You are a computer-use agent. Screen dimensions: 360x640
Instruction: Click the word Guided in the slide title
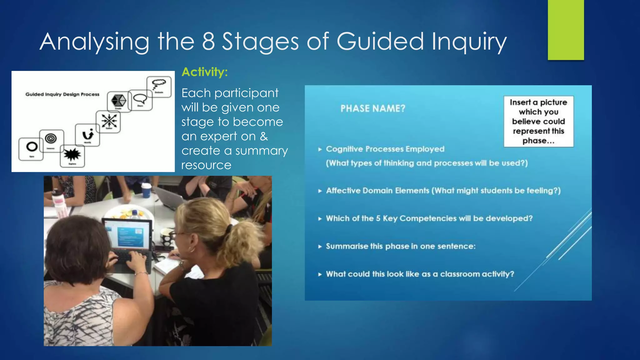(x=380, y=41)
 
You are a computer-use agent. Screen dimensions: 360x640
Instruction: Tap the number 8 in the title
(x=208, y=41)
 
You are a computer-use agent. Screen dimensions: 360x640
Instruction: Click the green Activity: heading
(x=205, y=72)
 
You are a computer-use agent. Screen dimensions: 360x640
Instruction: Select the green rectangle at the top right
(x=566, y=30)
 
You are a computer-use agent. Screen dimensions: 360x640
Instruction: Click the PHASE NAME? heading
(x=373, y=108)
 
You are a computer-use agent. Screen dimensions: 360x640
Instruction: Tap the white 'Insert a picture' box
(x=538, y=121)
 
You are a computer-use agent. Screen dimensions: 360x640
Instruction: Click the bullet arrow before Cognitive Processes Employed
(x=320, y=149)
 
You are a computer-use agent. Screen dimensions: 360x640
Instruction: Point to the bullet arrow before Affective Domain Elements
(x=320, y=191)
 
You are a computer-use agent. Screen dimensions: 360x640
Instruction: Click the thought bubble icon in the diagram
(x=159, y=84)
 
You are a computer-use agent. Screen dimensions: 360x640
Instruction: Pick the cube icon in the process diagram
(x=119, y=101)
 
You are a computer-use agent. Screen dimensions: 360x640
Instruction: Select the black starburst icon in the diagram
(x=72, y=154)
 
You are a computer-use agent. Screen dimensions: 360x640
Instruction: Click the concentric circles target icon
(x=51, y=138)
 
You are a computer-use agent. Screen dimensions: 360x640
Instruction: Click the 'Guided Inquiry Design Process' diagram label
(x=62, y=94)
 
